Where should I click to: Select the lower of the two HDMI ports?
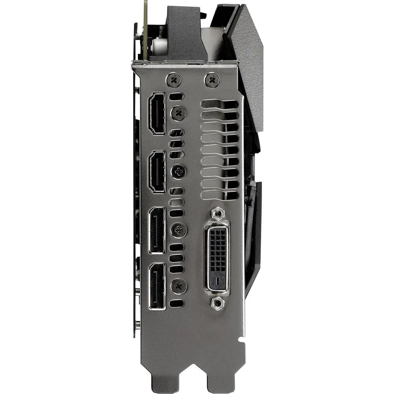[x=156, y=172]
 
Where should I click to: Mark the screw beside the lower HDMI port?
[x=178, y=171]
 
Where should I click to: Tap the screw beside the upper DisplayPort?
[x=178, y=228]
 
